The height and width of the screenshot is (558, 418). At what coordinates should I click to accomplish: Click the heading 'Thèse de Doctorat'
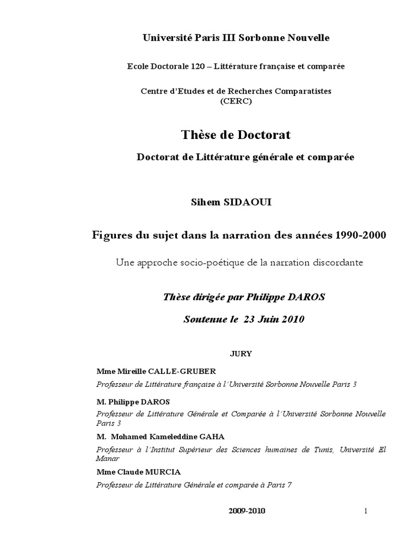click(x=236, y=134)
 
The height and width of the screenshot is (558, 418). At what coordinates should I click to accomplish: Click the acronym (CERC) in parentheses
click(x=236, y=101)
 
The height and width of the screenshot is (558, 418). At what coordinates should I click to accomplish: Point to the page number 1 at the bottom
click(x=366, y=511)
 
